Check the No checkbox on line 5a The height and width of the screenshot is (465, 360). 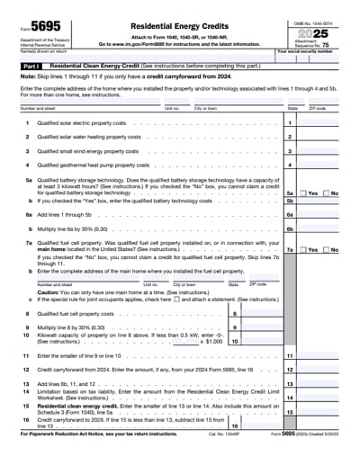point(327,193)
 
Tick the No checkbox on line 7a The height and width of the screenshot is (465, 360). point(327,250)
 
